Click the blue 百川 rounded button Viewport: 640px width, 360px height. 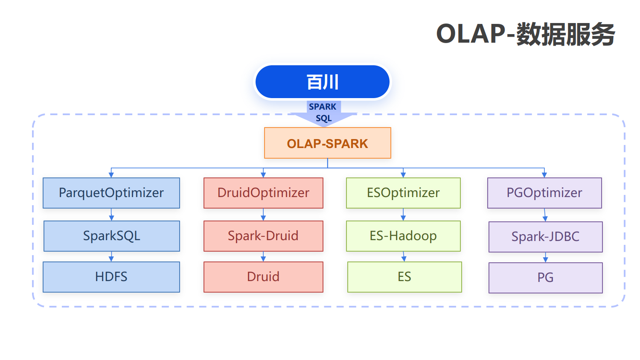click(322, 82)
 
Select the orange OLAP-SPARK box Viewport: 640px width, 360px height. click(327, 143)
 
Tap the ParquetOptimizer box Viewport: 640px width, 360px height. click(111, 193)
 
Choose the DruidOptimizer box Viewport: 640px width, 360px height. click(263, 193)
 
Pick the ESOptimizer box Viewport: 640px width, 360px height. click(403, 193)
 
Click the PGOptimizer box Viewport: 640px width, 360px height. click(544, 193)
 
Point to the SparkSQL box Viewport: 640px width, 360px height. click(112, 236)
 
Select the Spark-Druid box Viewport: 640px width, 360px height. click(263, 236)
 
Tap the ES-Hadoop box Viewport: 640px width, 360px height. click(403, 236)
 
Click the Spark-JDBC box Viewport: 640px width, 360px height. click(545, 237)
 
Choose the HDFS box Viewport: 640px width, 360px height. click(111, 277)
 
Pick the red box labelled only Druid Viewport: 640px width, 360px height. click(263, 277)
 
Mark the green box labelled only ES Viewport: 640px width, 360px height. click(404, 277)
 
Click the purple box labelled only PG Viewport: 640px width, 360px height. click(545, 278)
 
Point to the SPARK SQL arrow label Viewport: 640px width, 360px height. click(323, 112)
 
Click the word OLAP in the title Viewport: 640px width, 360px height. click(471, 34)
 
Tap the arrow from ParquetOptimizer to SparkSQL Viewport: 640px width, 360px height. click(111, 214)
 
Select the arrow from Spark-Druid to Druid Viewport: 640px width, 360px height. click(263, 257)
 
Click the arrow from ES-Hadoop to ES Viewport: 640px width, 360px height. click(404, 257)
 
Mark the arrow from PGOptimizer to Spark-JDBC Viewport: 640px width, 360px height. click(545, 215)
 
